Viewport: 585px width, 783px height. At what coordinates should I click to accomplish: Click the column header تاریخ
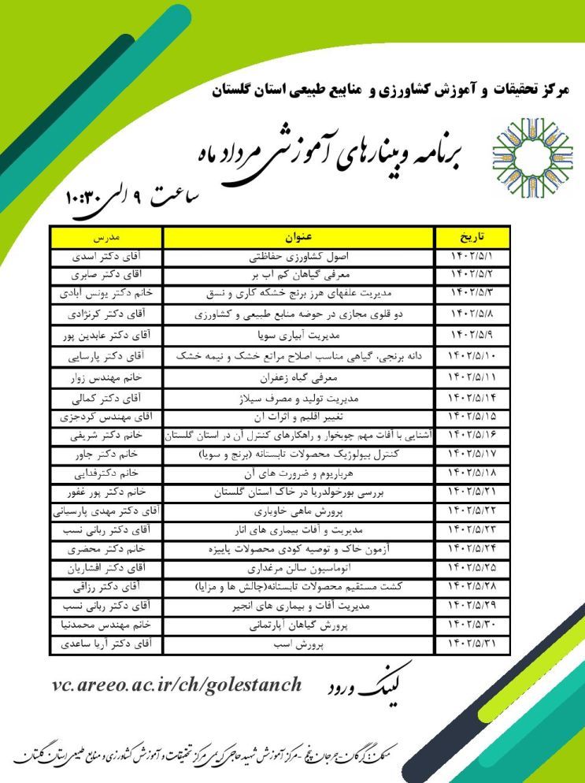click(x=471, y=237)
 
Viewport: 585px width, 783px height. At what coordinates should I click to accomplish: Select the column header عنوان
click(x=298, y=237)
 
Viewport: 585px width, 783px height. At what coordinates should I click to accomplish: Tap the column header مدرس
click(x=106, y=237)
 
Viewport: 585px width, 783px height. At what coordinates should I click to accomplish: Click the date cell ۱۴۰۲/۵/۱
click(x=471, y=257)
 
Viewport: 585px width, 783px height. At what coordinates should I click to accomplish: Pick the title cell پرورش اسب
click(x=298, y=644)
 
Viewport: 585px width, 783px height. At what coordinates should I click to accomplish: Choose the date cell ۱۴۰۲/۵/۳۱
click(x=471, y=644)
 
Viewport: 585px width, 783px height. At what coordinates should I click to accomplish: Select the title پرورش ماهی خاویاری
click(x=298, y=510)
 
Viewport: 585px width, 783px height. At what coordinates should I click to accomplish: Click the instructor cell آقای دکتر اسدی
click(x=106, y=257)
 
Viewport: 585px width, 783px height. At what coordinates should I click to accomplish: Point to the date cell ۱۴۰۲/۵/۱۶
click(x=471, y=435)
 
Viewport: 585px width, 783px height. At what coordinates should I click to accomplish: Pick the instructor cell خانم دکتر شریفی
click(x=106, y=435)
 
